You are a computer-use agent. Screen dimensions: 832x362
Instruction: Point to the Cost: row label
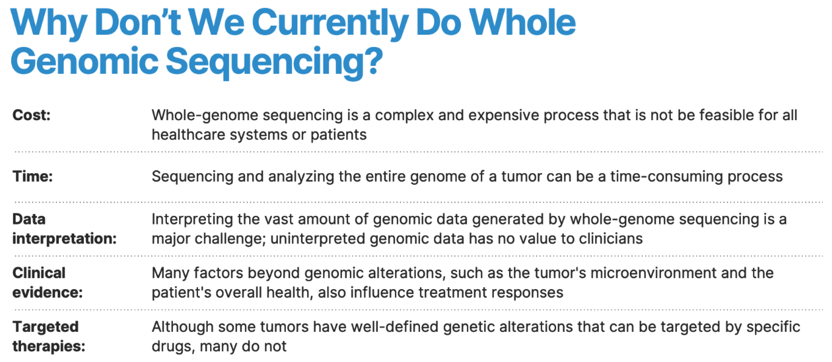31,115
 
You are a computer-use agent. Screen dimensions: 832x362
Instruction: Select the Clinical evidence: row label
47,283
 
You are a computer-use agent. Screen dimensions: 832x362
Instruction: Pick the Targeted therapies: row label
49,337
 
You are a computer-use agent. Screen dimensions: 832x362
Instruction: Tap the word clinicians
611,239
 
